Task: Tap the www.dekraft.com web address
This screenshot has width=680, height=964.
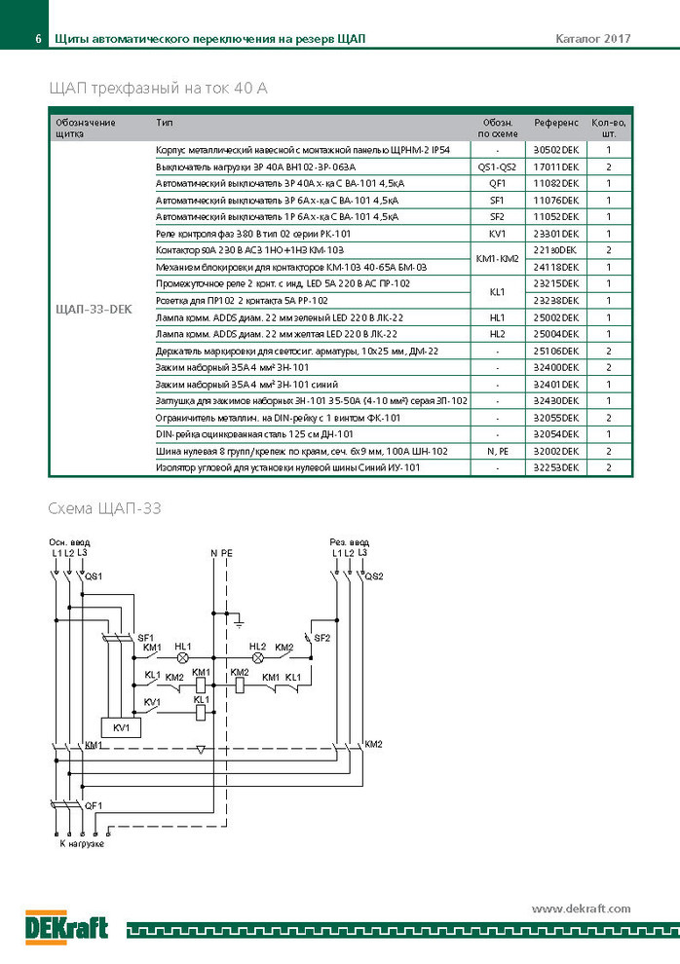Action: click(581, 908)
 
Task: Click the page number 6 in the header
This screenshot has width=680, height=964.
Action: click(38, 39)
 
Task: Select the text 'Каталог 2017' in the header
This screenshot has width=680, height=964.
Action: click(593, 39)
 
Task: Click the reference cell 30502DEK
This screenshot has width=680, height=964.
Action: click(556, 150)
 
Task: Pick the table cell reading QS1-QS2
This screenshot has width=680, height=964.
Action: click(497, 167)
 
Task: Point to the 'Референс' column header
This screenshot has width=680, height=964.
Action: click(556, 123)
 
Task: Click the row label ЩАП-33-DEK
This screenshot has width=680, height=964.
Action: click(94, 310)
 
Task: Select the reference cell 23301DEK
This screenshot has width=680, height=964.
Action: click(556, 234)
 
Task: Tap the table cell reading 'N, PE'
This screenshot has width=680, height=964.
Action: click(498, 451)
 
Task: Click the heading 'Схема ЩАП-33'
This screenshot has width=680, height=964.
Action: click(104, 508)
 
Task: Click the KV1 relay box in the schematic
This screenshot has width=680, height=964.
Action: click(122, 728)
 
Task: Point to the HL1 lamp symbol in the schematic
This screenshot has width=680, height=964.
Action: click(182, 658)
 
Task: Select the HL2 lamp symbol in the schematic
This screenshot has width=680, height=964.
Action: click(258, 658)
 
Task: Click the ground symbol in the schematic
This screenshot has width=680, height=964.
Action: click(239, 623)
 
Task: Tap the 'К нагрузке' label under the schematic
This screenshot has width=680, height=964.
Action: click(82, 843)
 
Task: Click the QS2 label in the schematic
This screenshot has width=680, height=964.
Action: click(373, 576)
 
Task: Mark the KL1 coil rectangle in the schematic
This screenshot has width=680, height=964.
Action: click(201, 713)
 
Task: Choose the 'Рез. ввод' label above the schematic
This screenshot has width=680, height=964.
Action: click(349, 542)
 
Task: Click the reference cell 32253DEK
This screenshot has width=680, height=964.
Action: click(556, 467)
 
